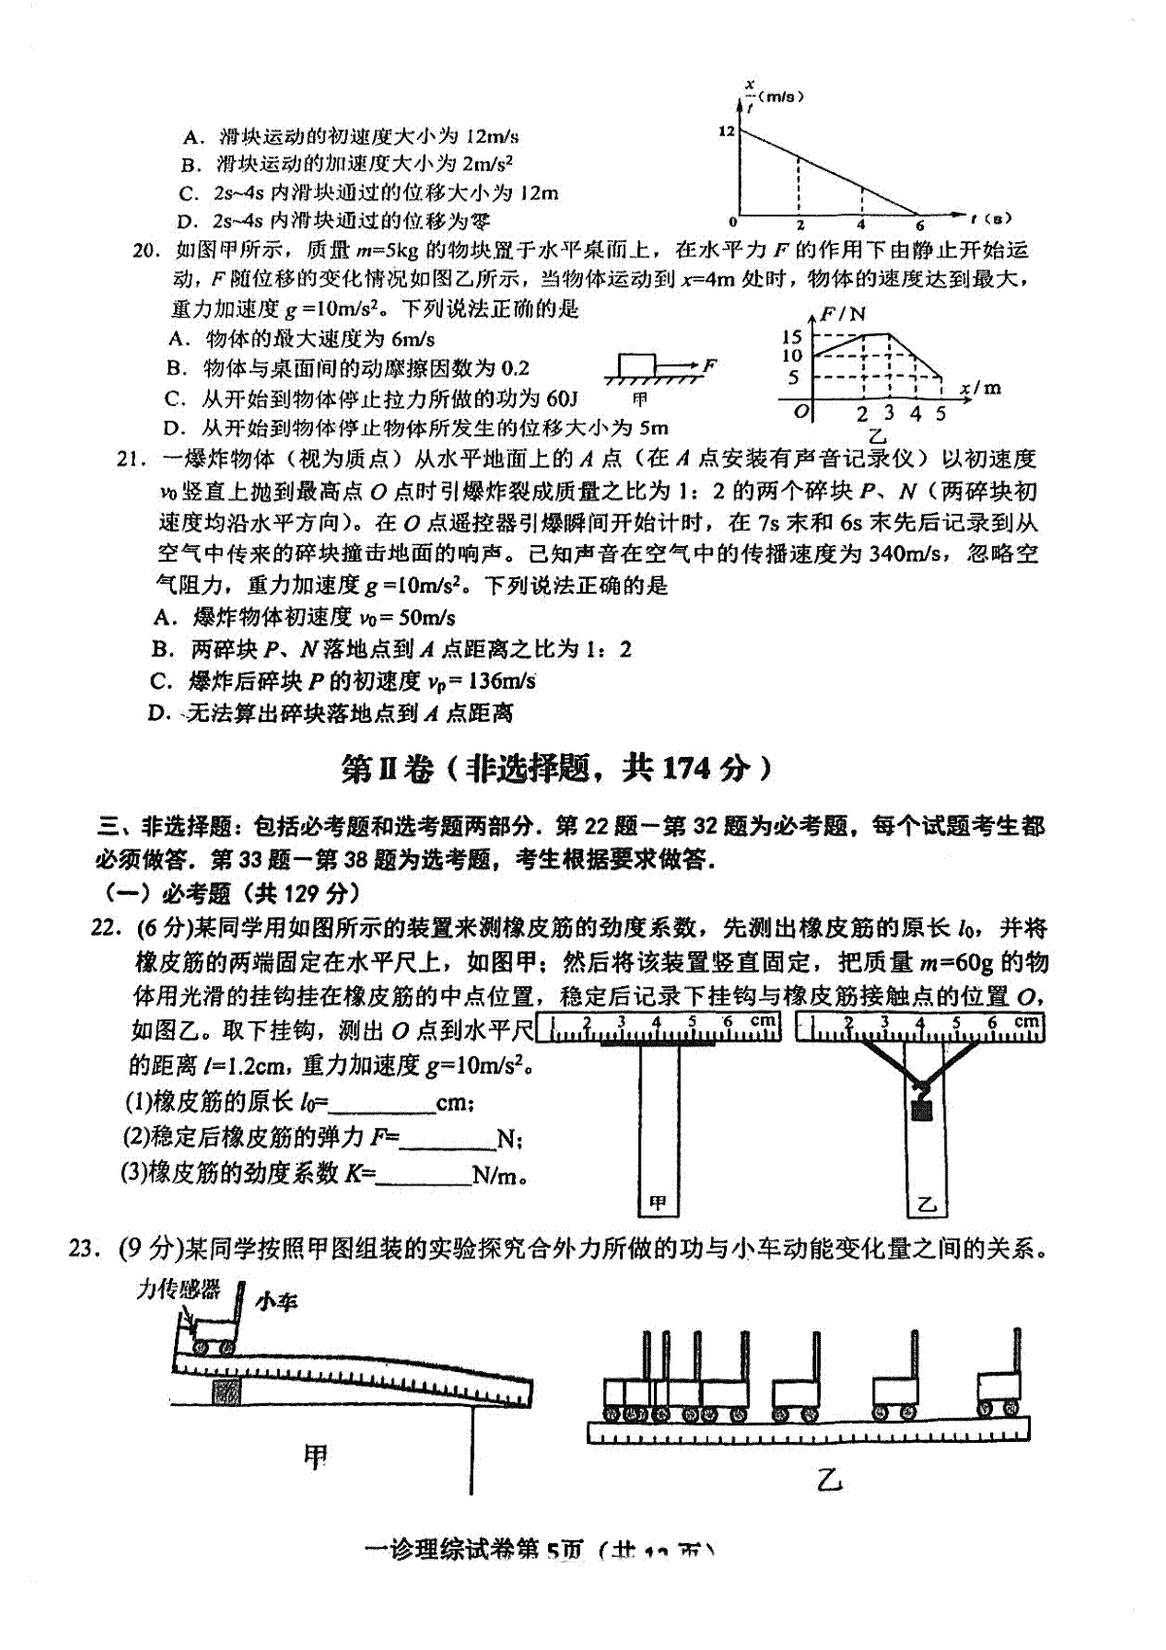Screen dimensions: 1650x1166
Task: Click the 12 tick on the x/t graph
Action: coord(726,132)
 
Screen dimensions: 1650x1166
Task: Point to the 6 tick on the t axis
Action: coord(919,225)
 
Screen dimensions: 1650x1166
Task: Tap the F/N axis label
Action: coord(842,314)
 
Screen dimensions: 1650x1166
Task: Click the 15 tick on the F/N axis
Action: coord(792,336)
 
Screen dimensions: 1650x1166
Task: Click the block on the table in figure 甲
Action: coord(637,365)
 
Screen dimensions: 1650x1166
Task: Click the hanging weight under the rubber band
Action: coord(920,1107)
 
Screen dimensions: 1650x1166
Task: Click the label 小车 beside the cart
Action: coord(276,1301)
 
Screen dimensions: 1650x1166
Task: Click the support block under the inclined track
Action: coord(226,1390)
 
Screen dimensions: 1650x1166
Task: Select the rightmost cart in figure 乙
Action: coord(998,1392)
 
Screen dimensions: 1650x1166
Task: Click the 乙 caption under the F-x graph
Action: coord(877,436)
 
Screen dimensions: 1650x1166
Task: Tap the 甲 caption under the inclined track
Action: coord(315,1456)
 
